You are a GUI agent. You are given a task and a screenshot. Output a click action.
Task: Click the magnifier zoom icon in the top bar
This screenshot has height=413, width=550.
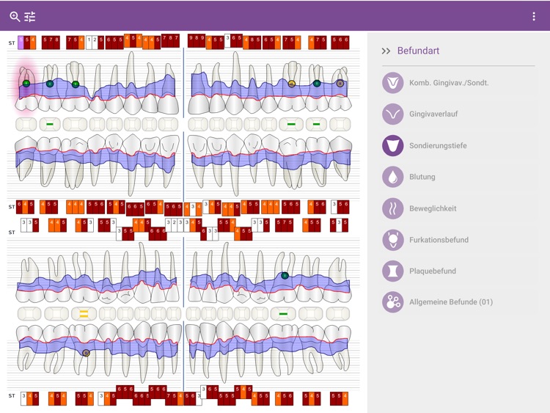(15, 16)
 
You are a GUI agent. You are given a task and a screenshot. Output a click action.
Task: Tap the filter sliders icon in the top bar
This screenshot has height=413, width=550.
(30, 16)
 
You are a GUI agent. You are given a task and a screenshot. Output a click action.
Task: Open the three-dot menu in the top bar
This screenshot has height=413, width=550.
(534, 16)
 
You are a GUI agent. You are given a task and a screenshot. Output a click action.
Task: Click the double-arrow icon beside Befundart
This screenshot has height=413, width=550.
(386, 51)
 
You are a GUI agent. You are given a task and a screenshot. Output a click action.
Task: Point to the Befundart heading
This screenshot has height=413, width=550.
(418, 51)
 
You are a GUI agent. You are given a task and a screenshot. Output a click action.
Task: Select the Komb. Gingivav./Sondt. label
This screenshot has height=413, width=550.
(449, 83)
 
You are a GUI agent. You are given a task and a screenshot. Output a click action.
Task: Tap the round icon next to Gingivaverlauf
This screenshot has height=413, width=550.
(392, 114)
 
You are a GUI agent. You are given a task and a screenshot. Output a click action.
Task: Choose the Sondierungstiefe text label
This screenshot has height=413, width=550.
(438, 145)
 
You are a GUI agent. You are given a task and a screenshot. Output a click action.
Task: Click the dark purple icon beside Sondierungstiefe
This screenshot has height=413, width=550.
(392, 145)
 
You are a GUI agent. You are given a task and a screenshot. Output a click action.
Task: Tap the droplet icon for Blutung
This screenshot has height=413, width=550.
(392, 177)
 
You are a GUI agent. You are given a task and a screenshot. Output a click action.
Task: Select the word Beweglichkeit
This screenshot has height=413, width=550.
(433, 208)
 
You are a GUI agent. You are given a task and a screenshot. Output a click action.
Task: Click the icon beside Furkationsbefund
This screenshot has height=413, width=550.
(392, 239)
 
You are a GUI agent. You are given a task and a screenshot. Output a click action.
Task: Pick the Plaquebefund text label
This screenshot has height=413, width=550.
(433, 271)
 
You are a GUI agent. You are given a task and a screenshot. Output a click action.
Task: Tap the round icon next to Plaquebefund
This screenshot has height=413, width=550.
(392, 271)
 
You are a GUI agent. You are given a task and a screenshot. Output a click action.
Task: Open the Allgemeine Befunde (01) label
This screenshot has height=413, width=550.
(451, 302)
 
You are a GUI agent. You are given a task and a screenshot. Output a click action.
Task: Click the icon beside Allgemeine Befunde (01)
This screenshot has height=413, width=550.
(392, 302)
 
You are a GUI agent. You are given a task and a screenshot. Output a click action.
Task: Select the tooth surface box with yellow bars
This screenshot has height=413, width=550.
(84, 313)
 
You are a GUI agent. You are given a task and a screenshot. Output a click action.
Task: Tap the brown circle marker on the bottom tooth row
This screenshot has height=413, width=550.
(86, 353)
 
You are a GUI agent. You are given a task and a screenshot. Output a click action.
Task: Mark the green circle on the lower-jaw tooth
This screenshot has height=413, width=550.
(285, 276)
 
